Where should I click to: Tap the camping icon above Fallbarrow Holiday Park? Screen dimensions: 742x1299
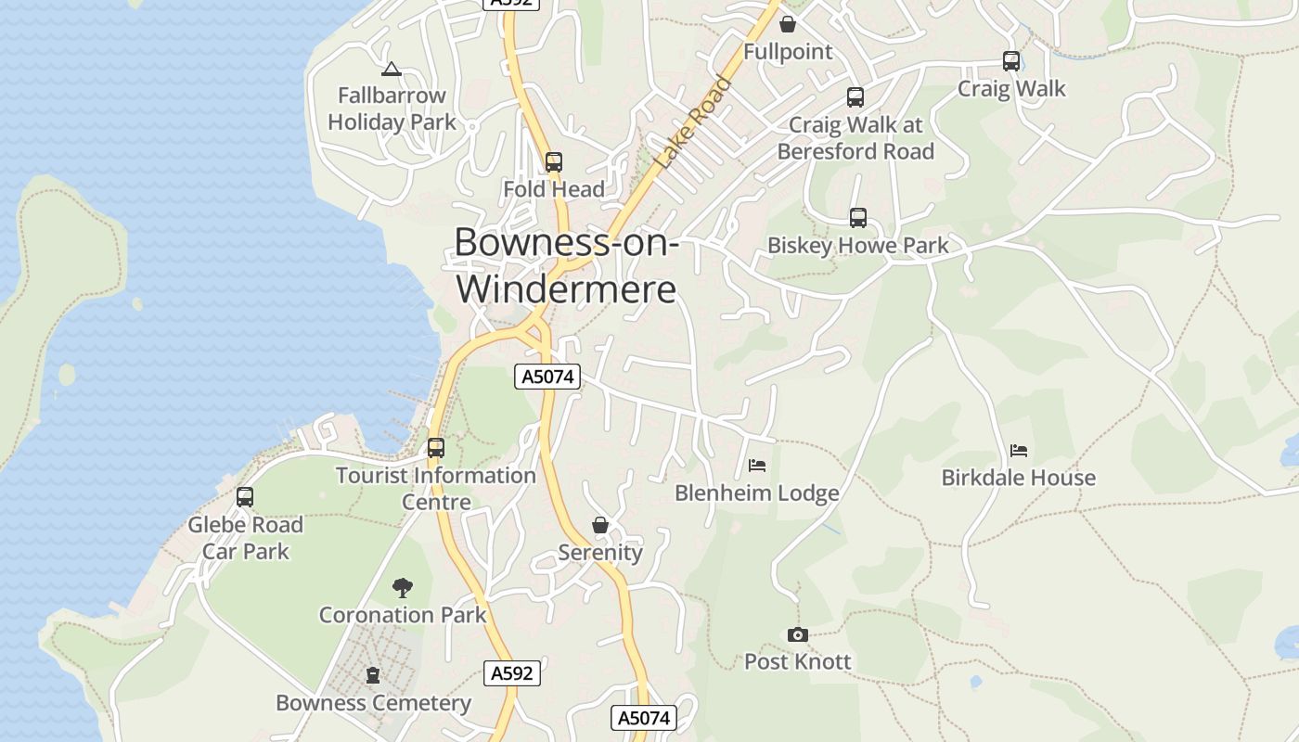[x=392, y=69]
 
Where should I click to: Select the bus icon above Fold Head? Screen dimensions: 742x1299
[x=554, y=162]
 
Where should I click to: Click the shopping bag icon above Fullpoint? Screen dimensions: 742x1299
[x=788, y=24]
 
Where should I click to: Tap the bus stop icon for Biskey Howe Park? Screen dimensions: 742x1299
[x=858, y=218]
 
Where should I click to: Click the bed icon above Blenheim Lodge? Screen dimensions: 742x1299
[x=757, y=466]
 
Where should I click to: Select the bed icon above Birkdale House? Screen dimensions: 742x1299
[x=1019, y=451]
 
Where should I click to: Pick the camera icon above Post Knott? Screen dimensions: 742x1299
[x=797, y=635]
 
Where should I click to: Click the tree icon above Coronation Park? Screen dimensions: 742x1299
[x=402, y=587]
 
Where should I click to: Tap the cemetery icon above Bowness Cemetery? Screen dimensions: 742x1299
[x=373, y=675]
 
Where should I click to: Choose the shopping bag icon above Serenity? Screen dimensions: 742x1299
[x=600, y=526]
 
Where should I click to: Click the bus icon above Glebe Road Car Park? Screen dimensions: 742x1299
[x=245, y=497]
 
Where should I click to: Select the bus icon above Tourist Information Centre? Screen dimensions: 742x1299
[x=435, y=448]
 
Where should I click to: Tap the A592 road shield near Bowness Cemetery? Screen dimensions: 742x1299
[x=511, y=673]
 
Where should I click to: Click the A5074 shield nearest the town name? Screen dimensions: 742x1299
[x=547, y=377]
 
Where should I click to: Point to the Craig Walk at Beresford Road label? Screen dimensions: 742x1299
[x=855, y=137]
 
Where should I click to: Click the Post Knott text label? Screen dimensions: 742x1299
[x=797, y=661]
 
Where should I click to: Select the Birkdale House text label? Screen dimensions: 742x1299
[x=1018, y=478]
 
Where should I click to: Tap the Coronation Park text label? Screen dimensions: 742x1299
[x=403, y=615]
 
